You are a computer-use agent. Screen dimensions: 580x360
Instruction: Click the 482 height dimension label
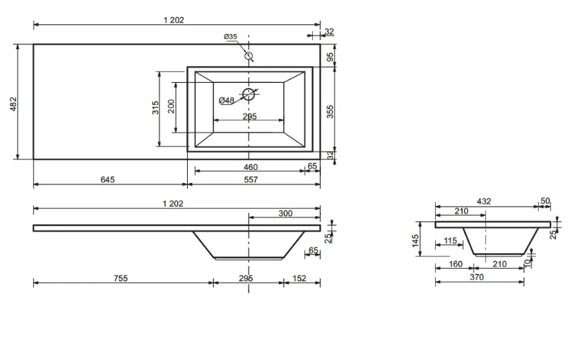tap(13, 104)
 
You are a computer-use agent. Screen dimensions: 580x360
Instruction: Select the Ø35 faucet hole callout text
tap(231, 37)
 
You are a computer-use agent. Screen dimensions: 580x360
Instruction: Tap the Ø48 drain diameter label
tap(226, 100)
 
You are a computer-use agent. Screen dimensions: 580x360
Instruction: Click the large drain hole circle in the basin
tap(249, 95)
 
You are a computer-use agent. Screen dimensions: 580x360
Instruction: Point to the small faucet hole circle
tap(249, 56)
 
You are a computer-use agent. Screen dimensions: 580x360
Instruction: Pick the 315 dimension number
tap(155, 107)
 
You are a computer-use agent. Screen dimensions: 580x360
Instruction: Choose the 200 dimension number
tap(171, 106)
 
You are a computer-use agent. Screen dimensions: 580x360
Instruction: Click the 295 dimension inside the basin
tap(250, 116)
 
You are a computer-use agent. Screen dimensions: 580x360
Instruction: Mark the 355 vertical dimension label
tap(330, 111)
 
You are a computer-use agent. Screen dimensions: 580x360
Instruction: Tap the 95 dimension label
tap(330, 57)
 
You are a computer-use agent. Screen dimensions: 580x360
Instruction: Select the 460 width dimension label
tap(251, 167)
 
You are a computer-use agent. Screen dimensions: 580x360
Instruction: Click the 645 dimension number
tap(108, 180)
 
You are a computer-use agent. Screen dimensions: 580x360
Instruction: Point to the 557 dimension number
tap(251, 180)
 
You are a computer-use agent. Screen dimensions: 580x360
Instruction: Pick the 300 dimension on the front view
tap(286, 214)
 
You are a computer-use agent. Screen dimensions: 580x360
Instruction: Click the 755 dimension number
tap(121, 278)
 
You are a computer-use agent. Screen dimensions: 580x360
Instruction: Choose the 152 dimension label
tap(300, 278)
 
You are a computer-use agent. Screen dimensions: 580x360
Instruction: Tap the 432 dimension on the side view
tap(484, 201)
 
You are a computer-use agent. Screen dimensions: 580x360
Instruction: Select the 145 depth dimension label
tap(416, 240)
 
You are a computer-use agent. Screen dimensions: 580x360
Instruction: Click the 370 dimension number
tap(477, 277)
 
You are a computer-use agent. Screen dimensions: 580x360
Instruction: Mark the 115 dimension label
tap(450, 241)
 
